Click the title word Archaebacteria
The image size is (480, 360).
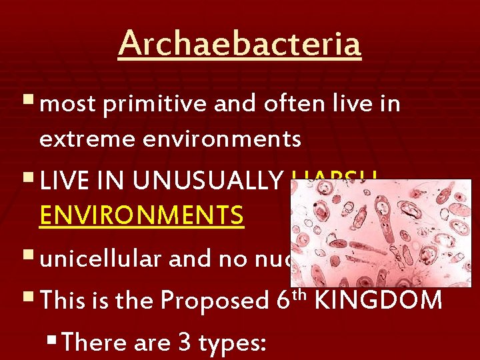coord(239,44)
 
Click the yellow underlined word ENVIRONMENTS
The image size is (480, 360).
coord(141,216)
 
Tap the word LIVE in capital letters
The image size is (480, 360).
coord(65,181)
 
